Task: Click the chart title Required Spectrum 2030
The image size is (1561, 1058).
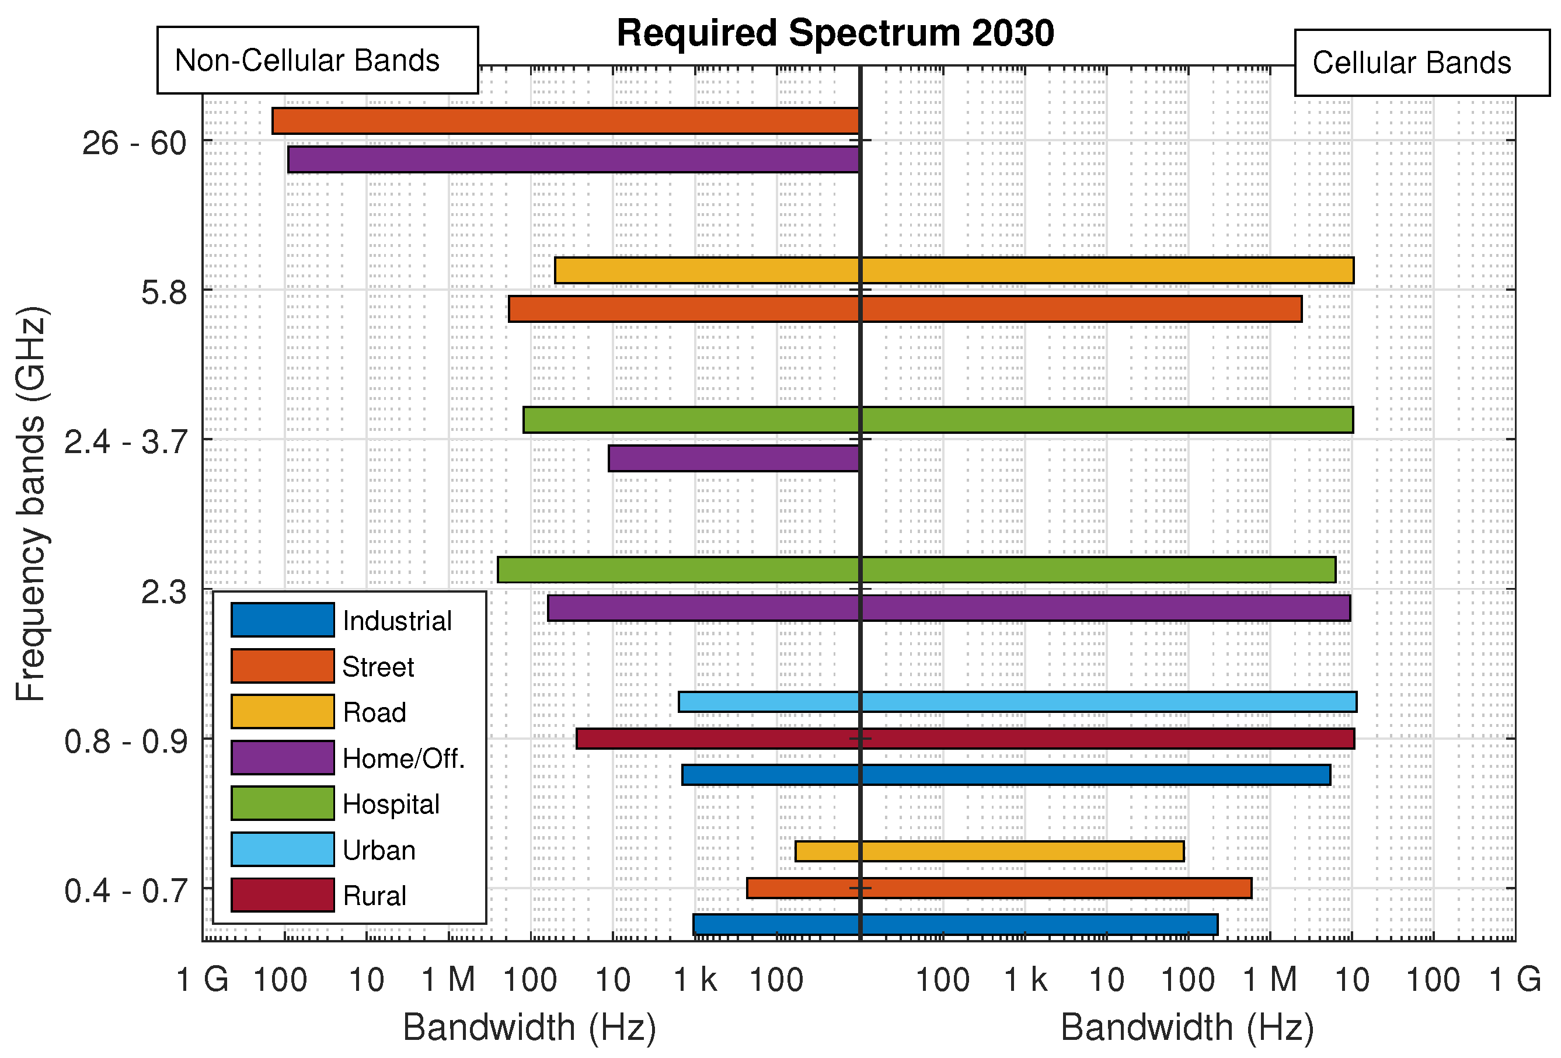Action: (835, 34)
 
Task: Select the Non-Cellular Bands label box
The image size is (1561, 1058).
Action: (317, 61)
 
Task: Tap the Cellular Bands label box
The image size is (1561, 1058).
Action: (1421, 62)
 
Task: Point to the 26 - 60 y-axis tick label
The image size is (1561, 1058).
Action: (134, 143)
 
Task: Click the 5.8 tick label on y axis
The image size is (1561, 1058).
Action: (163, 293)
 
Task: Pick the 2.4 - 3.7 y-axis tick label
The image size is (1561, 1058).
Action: (125, 442)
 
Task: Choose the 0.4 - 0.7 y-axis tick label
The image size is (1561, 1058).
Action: (125, 891)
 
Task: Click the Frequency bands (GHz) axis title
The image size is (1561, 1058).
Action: (31, 504)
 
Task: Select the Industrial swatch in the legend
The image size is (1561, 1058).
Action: (282, 620)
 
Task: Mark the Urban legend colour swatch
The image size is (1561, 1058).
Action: (282, 849)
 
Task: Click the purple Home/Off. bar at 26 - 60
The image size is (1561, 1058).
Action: (573, 159)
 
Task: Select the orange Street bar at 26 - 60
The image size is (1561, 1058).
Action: (565, 121)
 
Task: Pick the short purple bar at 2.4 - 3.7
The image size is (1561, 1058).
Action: (733, 458)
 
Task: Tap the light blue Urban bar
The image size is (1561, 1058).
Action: (1017, 701)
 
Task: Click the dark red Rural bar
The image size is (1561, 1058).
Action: (964, 738)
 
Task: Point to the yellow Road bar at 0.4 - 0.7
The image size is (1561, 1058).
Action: (989, 851)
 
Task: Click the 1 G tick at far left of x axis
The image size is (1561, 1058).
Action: (202, 979)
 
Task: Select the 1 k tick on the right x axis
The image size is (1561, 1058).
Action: (1025, 979)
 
